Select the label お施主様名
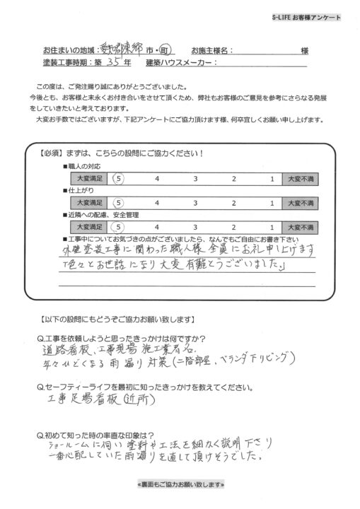(210, 50)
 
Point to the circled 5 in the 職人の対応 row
(119, 179)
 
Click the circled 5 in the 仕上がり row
(119, 202)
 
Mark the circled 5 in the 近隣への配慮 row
(119, 226)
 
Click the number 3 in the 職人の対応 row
(195, 179)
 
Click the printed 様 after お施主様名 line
(304, 50)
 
